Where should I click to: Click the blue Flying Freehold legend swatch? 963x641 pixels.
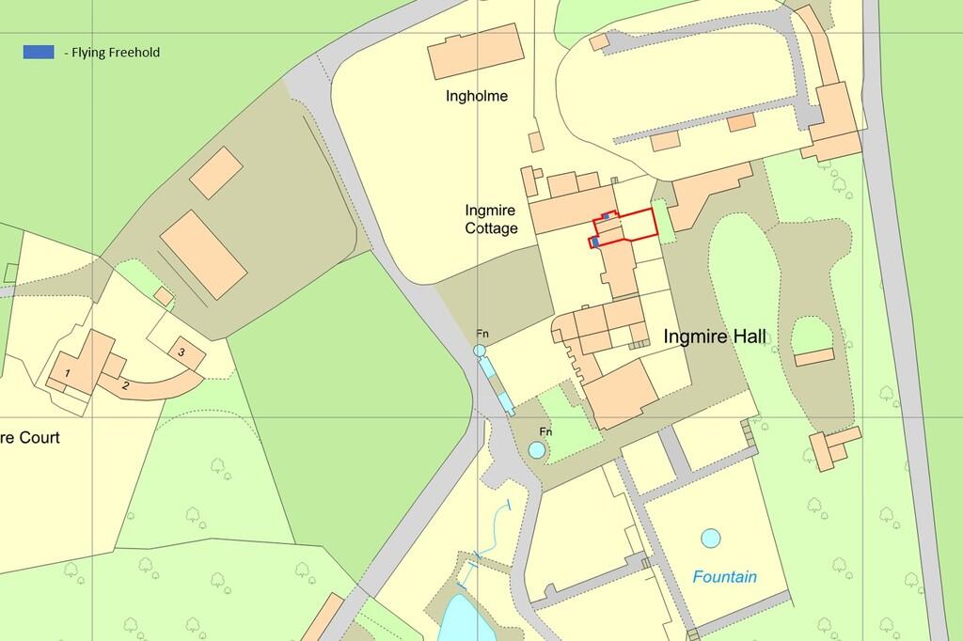tap(39, 53)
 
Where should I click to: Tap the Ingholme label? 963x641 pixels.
tap(477, 96)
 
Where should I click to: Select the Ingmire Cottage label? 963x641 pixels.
tap(491, 219)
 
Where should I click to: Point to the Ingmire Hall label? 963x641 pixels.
tap(714, 336)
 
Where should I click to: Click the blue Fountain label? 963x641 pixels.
tap(725, 577)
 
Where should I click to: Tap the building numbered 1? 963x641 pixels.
tap(68, 374)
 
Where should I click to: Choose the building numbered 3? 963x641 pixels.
tap(181, 352)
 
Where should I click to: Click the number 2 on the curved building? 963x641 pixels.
tap(125, 384)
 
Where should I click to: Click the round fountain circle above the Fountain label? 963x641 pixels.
tap(710, 539)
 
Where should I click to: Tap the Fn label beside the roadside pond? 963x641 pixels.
tap(482, 334)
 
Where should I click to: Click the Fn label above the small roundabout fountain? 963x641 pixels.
tap(545, 430)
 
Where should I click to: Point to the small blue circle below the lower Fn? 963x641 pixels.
tap(536, 450)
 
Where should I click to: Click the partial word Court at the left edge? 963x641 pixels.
tap(30, 438)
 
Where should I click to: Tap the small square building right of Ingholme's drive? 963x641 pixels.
tap(535, 141)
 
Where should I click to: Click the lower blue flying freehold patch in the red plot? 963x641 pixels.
tap(594, 242)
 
